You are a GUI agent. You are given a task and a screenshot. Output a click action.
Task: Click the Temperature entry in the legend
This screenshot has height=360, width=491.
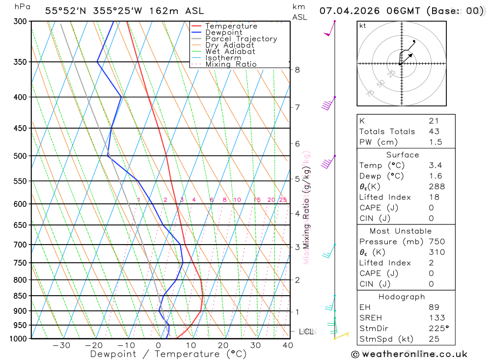pos(231,26)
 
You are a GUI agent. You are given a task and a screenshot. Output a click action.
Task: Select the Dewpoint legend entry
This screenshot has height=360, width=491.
pos(223,32)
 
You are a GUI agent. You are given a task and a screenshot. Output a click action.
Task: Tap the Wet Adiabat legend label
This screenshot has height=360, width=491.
pos(230,52)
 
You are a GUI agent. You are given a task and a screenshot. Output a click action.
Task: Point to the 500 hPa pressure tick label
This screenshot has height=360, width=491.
pos(19,156)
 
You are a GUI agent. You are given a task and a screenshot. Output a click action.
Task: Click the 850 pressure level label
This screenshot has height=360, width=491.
pos(19,296)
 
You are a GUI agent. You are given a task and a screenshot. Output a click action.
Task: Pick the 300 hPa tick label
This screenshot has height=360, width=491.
pos(19,22)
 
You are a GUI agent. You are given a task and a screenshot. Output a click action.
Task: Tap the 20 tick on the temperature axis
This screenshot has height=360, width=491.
pos(223,345)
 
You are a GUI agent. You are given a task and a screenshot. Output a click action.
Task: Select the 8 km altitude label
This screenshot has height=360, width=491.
pos(298,70)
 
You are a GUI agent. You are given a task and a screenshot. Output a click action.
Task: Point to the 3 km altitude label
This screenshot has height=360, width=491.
pos(298,247)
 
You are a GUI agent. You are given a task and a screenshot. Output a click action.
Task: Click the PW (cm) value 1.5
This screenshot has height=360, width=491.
pos(436,142)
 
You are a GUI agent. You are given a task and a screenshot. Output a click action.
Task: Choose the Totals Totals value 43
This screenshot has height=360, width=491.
pos(434,132)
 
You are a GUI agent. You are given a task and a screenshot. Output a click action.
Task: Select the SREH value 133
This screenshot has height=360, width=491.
pos(436,318)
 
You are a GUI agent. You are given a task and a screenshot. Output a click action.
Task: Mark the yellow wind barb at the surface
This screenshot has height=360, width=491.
pos(341,336)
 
